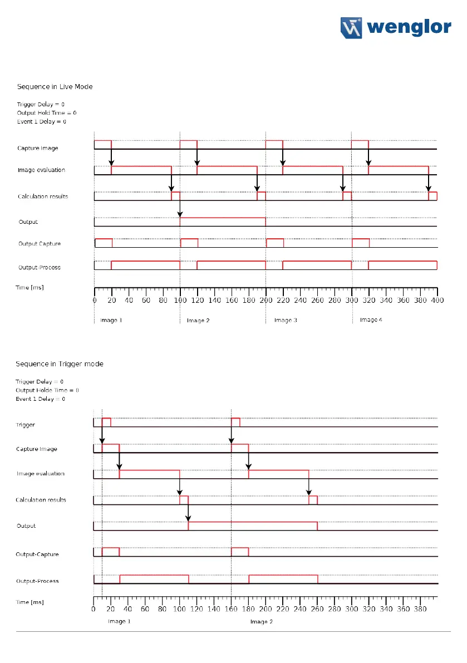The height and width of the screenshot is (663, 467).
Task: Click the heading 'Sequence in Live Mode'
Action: pyautogui.click(x=55, y=86)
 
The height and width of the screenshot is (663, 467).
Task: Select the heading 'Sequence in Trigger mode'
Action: pyautogui.click(x=60, y=364)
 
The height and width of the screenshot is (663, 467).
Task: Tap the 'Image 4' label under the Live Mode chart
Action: pyautogui.click(x=371, y=320)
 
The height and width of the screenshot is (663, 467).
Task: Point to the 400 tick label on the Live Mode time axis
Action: pyautogui.click(x=437, y=301)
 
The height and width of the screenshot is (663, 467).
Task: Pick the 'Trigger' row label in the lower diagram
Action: pyautogui.click(x=26, y=425)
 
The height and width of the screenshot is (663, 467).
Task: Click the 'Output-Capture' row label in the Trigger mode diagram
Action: pyautogui.click(x=37, y=554)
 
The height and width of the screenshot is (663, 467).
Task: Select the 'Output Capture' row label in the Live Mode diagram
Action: pyautogui.click(x=40, y=244)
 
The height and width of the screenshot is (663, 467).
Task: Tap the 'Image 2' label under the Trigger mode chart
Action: pyautogui.click(x=261, y=621)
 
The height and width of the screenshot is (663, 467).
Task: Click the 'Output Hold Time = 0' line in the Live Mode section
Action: pyautogui.click(x=47, y=112)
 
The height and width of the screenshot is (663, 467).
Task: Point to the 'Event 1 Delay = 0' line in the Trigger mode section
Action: pyautogui.click(x=40, y=399)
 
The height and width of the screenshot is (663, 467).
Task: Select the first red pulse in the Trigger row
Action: pyautogui.click(x=106, y=421)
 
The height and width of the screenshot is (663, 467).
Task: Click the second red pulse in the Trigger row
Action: pyautogui.click(x=235, y=421)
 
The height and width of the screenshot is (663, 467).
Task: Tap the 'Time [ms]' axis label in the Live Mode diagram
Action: pyautogui.click(x=30, y=287)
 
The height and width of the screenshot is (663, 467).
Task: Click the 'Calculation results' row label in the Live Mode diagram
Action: pyautogui.click(x=43, y=197)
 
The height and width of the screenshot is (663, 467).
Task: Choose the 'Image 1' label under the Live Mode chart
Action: pyautogui.click(x=111, y=320)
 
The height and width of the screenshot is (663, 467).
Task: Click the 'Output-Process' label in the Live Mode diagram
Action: pyautogui.click(x=40, y=267)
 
